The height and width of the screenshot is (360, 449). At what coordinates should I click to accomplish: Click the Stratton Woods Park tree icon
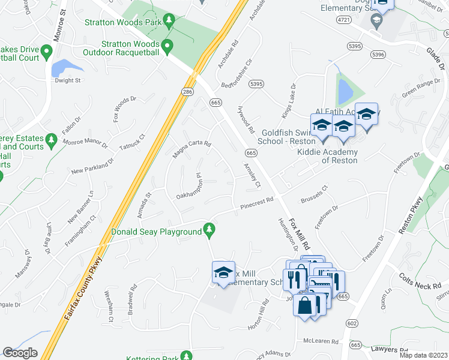click(169, 22)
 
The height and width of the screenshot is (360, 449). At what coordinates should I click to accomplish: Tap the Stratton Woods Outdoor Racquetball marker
click(168, 46)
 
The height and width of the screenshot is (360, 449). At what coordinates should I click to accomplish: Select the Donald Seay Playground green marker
click(209, 229)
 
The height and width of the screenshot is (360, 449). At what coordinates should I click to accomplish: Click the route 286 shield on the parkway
click(187, 91)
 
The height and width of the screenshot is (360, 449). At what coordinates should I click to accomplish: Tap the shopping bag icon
click(304, 305)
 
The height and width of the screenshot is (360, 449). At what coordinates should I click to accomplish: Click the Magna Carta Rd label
click(192, 145)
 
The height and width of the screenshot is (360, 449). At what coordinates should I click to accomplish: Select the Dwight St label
click(67, 80)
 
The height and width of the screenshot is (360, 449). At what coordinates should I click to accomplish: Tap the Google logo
click(20, 352)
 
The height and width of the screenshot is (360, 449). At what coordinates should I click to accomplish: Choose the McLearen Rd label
click(321, 341)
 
